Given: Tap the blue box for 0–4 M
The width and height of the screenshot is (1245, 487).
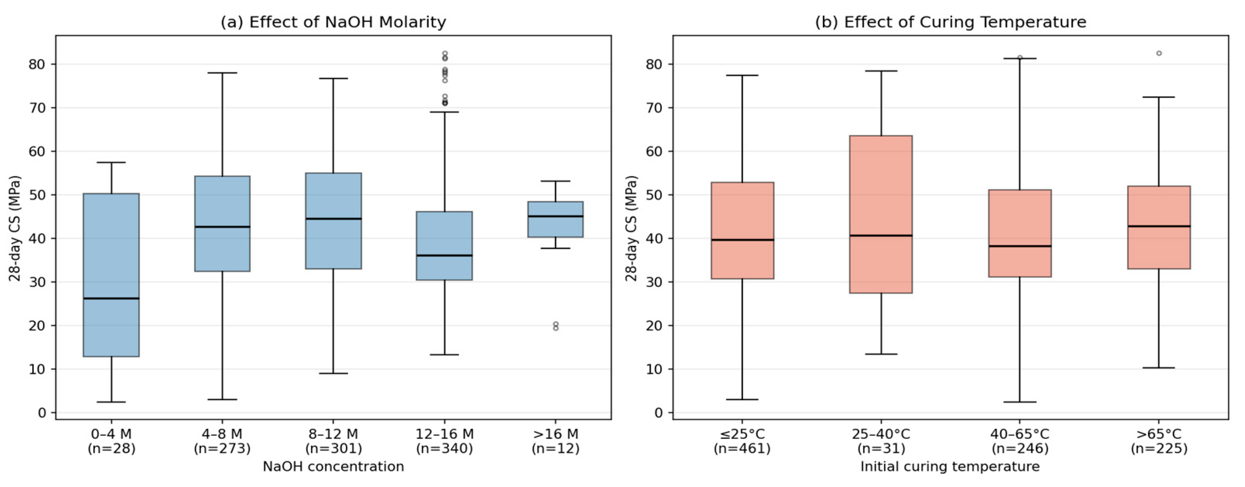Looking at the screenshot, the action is [x=111, y=275].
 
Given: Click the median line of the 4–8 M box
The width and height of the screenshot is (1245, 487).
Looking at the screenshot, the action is [x=222, y=226].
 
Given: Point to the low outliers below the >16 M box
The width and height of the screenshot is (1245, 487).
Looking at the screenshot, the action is [x=556, y=326].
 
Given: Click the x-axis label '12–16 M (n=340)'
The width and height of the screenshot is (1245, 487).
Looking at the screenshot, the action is [x=445, y=441].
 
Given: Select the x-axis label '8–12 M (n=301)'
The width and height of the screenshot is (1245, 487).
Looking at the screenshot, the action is [x=333, y=441].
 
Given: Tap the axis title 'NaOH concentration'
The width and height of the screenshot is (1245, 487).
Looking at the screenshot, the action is [x=333, y=467].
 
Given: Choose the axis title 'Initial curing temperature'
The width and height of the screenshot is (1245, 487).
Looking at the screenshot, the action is [x=950, y=467].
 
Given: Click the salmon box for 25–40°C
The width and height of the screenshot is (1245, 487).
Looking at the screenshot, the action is [x=881, y=214].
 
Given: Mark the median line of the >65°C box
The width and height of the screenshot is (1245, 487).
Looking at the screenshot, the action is [x=1159, y=226].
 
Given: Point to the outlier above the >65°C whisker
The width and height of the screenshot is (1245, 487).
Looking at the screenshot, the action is [x=1159, y=53].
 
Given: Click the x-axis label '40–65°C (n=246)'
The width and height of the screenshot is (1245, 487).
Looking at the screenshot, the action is [x=1020, y=441].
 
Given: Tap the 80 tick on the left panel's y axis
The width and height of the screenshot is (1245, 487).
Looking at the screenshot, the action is [x=37, y=64].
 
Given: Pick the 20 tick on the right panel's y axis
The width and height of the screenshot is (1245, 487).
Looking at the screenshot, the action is [x=654, y=325].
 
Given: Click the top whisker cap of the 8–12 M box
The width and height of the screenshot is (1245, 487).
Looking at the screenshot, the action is [x=333, y=78].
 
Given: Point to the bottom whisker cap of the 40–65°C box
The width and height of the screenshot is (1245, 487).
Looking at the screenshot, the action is [x=1020, y=402].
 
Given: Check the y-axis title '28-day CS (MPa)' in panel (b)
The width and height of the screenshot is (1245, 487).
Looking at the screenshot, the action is [x=631, y=228].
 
